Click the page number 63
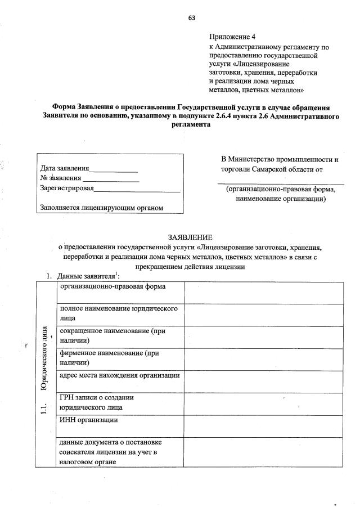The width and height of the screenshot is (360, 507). (x=191, y=17)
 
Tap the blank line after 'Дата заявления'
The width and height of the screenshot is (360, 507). (x=114, y=169)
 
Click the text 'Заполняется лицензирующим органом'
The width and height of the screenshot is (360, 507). (x=101, y=208)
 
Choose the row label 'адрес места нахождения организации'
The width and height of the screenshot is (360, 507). (x=119, y=375)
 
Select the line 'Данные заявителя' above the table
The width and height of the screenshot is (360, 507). (x=84, y=276)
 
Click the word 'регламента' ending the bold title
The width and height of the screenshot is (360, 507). (x=191, y=125)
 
